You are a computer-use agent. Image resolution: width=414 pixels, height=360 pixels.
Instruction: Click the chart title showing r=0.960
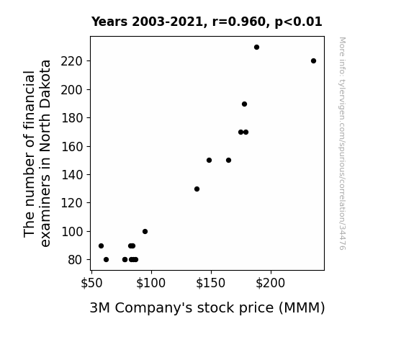(x=207, y=22)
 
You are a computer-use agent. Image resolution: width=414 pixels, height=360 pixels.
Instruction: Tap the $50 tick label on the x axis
(x=91, y=283)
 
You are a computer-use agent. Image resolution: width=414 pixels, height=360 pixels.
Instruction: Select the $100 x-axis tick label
(x=150, y=283)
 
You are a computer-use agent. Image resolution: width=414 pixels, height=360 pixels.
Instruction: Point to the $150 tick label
(x=211, y=283)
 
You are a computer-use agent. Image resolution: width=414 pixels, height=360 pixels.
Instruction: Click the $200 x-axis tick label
(x=271, y=283)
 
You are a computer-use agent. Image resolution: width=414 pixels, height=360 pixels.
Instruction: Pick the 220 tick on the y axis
(x=72, y=61)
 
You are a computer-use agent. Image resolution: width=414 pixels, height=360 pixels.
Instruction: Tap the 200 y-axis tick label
(x=72, y=90)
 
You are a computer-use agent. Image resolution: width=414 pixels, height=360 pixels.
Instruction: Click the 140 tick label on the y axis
(x=72, y=174)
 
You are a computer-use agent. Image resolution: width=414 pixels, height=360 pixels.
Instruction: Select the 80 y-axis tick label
(x=76, y=260)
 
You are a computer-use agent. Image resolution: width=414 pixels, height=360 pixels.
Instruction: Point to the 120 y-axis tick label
(x=72, y=203)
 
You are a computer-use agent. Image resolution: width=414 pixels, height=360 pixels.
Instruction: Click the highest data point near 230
(x=256, y=48)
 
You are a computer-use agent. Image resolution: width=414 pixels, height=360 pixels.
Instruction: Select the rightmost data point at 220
(x=313, y=61)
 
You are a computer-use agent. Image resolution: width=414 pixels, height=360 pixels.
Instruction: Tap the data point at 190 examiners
(x=245, y=104)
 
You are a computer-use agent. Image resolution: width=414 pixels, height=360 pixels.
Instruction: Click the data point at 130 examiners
(x=197, y=189)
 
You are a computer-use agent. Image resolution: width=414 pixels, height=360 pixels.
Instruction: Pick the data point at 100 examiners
(x=145, y=232)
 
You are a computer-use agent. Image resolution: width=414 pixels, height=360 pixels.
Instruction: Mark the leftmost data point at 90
(x=101, y=246)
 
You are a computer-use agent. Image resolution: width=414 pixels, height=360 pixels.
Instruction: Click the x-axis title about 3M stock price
(x=207, y=308)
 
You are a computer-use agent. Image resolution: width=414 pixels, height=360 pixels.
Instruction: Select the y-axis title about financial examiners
(x=37, y=153)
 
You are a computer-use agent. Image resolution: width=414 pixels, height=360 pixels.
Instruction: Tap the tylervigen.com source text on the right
(x=342, y=143)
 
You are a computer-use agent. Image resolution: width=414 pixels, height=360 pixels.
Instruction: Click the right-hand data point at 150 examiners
(x=229, y=161)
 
